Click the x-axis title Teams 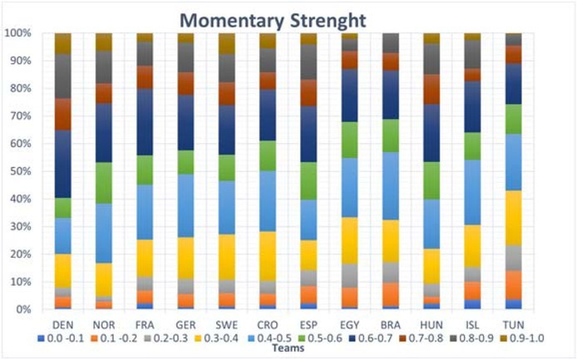(288, 349)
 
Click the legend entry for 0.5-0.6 (332, 339)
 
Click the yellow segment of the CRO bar (268, 256)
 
